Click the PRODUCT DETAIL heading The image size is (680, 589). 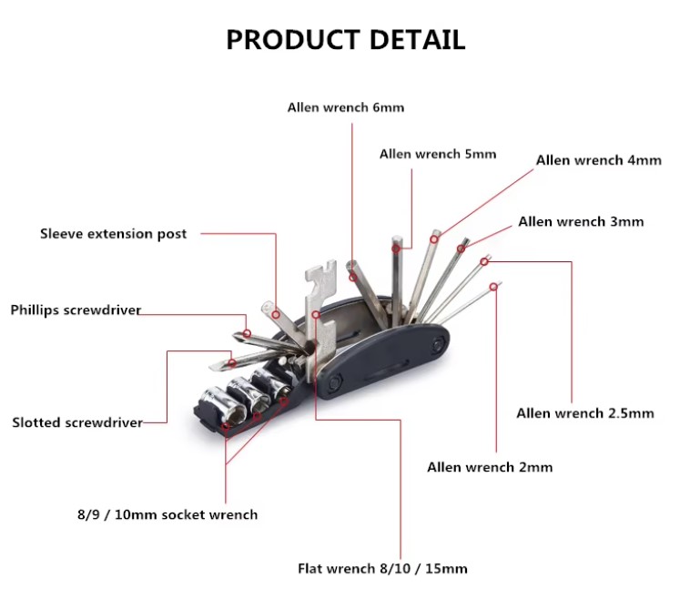[x=346, y=39]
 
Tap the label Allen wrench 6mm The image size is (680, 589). [x=346, y=107]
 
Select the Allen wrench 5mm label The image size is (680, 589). [x=438, y=154]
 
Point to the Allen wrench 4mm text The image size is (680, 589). [x=598, y=160]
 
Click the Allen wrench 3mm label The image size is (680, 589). [x=581, y=221]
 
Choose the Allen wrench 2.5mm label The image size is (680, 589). [x=585, y=413]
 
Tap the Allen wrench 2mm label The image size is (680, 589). [x=490, y=467]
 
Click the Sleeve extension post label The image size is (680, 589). [x=113, y=234]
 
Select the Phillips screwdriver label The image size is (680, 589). [x=76, y=310]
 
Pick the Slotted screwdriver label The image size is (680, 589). [x=77, y=422]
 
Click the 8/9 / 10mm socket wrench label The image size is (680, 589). [x=167, y=515]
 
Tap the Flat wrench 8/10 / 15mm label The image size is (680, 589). [x=382, y=569]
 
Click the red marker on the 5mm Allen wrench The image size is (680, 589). [x=396, y=249]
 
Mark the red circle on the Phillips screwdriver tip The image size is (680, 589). [x=247, y=333]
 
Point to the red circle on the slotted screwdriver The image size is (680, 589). [x=232, y=362]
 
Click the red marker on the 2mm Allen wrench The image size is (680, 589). [x=493, y=287]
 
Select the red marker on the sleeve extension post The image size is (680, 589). [x=276, y=314]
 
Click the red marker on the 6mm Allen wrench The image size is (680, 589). [x=353, y=277]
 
